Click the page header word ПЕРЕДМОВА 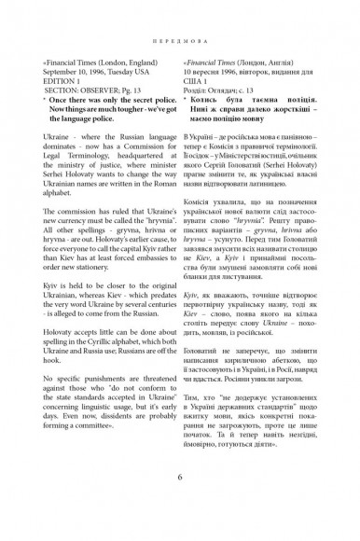point(180,41)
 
